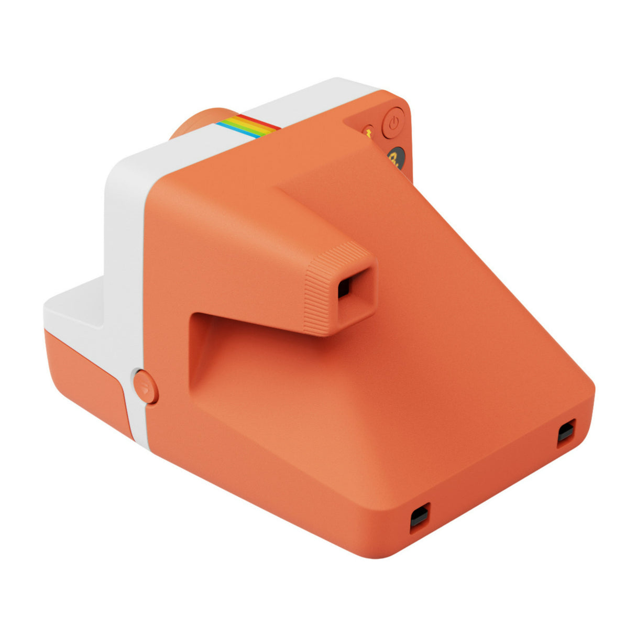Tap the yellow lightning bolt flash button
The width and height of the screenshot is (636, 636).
[368, 134]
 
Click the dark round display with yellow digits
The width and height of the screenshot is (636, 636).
[395, 158]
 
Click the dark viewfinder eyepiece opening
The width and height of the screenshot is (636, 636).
[344, 287]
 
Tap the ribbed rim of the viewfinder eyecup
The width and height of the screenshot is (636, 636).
[317, 293]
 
